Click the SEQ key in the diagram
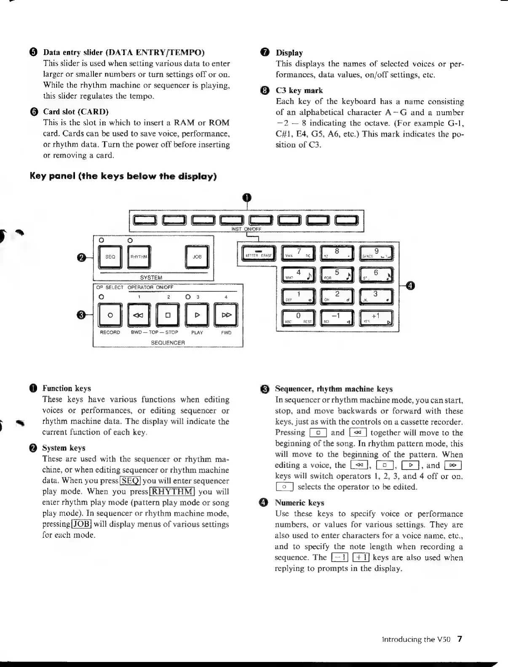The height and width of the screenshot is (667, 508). click(x=110, y=256)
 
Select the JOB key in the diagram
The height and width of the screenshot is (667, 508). click(x=197, y=256)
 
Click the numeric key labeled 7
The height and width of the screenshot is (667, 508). click(x=299, y=254)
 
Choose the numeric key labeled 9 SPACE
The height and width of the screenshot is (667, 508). click(x=376, y=254)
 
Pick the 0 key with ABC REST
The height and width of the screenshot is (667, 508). click(x=299, y=318)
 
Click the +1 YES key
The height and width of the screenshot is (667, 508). click(x=376, y=318)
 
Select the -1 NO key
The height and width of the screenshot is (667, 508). click(x=337, y=318)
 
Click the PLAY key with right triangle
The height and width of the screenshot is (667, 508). click(x=197, y=315)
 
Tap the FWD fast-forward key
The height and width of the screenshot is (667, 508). click(x=226, y=315)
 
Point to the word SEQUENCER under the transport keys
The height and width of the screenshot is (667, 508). click(x=168, y=343)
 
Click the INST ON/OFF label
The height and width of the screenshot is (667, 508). click(x=246, y=229)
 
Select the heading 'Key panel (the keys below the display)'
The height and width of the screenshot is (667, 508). click(x=123, y=176)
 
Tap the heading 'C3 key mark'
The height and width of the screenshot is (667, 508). click(x=299, y=91)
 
